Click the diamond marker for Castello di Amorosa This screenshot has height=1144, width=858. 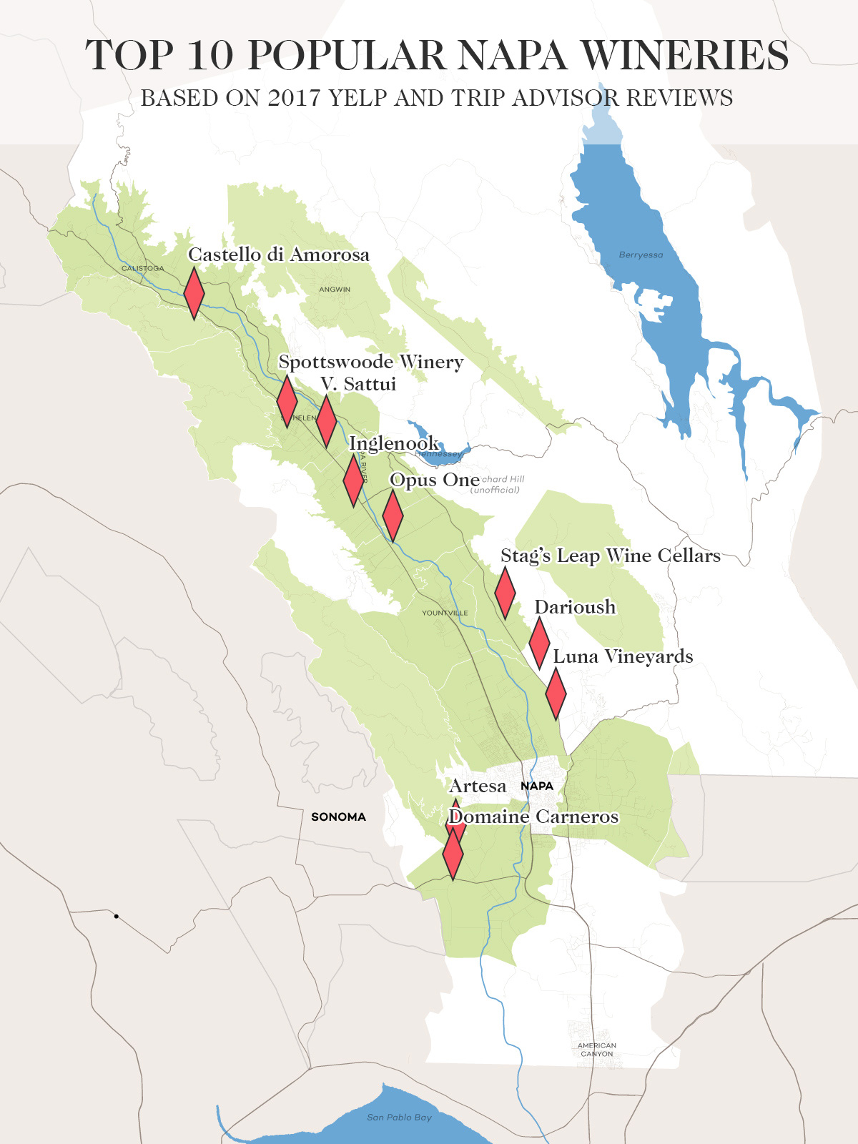[x=194, y=293]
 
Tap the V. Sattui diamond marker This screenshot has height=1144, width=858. [x=326, y=421]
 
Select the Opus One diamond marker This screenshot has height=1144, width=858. [x=393, y=515]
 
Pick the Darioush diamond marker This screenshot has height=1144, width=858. [x=539, y=642]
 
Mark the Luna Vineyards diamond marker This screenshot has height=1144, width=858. [x=556, y=694]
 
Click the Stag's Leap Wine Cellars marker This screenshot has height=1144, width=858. [x=505, y=593]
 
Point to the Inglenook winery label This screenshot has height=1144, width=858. [x=393, y=443]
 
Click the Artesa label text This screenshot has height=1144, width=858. [x=478, y=786]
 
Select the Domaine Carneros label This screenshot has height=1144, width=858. [x=533, y=817]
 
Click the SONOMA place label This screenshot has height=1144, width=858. [x=338, y=817]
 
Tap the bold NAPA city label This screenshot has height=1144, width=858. [x=537, y=786]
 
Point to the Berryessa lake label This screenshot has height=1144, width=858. [x=641, y=255]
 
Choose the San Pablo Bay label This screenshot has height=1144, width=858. [x=399, y=1117]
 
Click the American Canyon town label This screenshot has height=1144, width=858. [x=597, y=1049]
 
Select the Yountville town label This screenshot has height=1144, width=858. [x=445, y=613]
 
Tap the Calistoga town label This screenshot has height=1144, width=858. [x=142, y=268]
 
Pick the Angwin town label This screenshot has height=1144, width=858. [x=335, y=290]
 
